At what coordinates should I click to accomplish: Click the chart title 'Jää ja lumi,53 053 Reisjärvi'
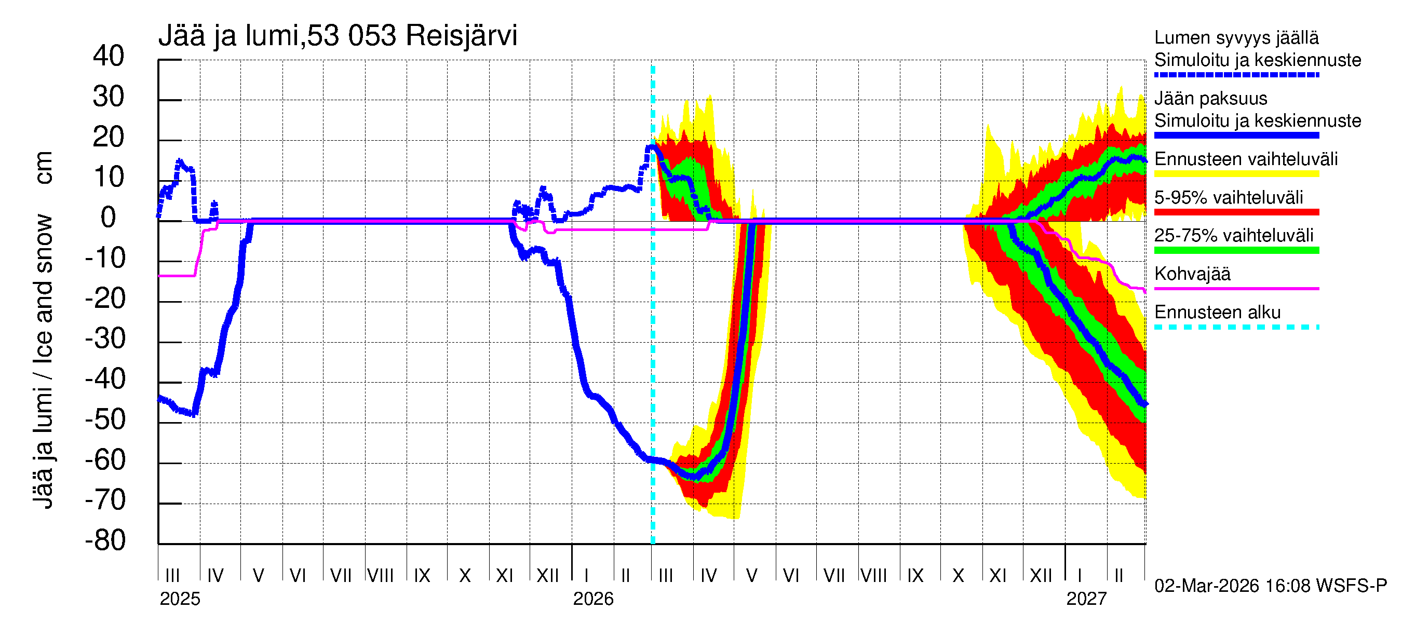coord(338,36)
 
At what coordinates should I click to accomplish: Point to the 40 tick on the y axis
coord(109,56)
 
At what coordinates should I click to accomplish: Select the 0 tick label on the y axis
coord(109,218)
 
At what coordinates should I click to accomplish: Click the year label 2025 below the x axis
coord(180,599)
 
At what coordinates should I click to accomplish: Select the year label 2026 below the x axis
coord(592,599)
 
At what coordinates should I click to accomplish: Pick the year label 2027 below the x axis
coord(1086,599)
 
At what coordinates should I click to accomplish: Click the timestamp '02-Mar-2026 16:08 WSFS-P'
coord(1270,586)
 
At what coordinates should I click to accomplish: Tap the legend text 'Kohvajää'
coord(1192,274)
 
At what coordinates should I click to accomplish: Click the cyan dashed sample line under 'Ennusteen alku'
coord(1236,327)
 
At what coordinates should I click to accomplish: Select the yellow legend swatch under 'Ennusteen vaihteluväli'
coord(1236,174)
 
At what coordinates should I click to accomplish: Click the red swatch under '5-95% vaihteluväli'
coord(1236,212)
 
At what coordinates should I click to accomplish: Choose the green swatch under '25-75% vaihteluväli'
coord(1236,250)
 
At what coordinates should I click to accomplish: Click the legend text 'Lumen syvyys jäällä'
coord(1236,37)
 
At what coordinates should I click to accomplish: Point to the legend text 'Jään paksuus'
coord(1210,99)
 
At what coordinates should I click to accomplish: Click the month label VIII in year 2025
coord(381,575)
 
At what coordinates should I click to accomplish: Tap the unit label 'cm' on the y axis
coord(44,168)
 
